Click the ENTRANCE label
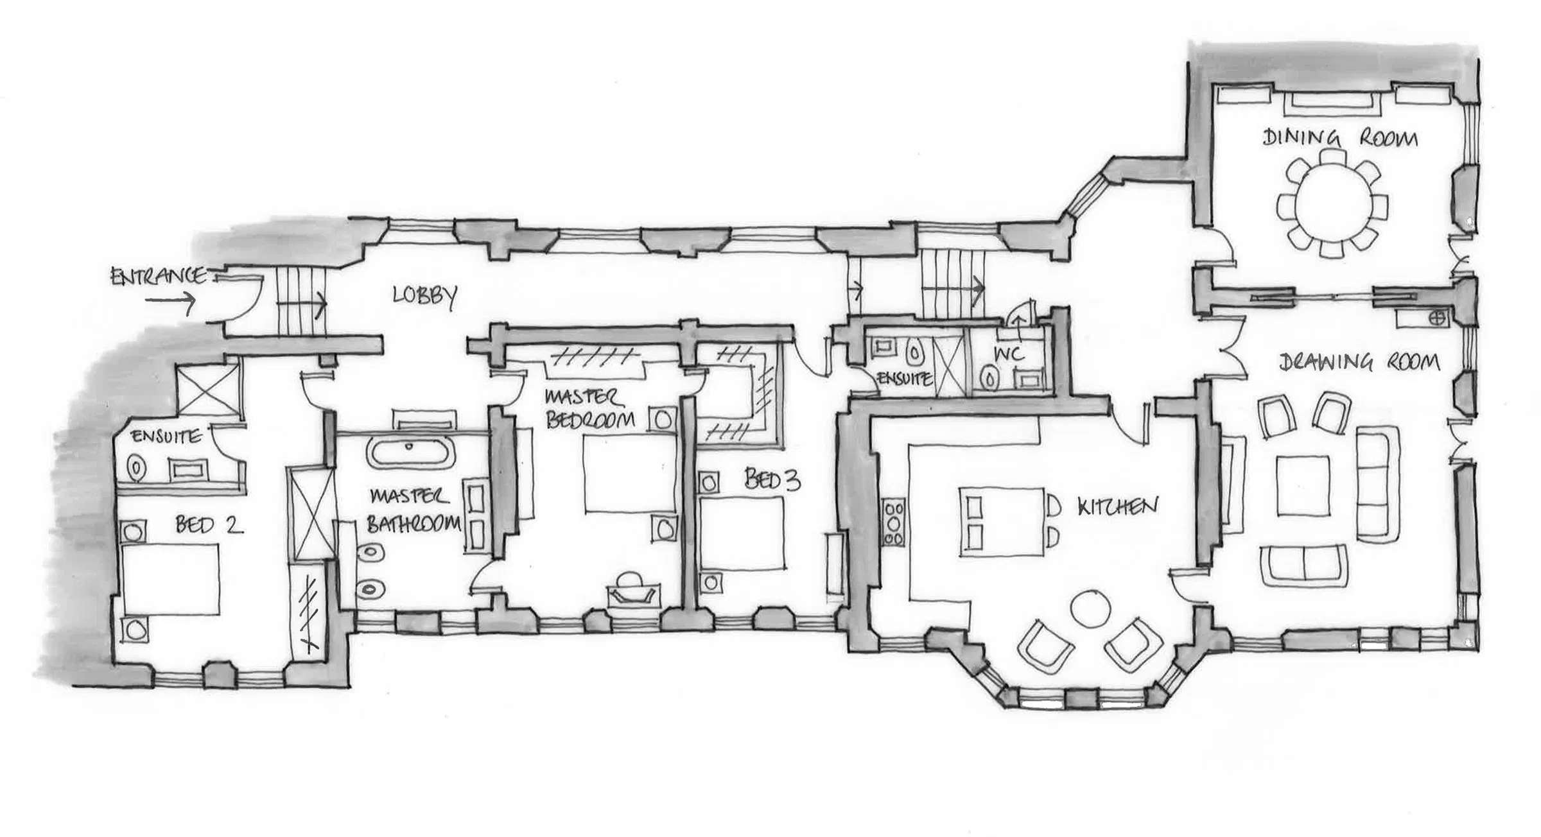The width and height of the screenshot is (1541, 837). (x=159, y=277)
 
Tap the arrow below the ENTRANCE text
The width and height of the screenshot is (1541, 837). (x=170, y=301)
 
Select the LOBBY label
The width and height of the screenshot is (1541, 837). (x=424, y=297)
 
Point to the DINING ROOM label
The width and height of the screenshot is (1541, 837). (x=1340, y=138)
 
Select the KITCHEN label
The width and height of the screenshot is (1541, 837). (x=1117, y=508)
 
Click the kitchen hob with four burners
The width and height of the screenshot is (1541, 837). (x=894, y=522)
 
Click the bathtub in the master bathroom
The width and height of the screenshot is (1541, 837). (x=412, y=453)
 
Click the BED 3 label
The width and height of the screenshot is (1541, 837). (x=772, y=479)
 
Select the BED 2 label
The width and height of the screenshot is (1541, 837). (x=209, y=526)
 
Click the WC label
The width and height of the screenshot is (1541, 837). (x=1009, y=354)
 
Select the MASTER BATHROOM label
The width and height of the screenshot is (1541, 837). (x=413, y=511)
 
